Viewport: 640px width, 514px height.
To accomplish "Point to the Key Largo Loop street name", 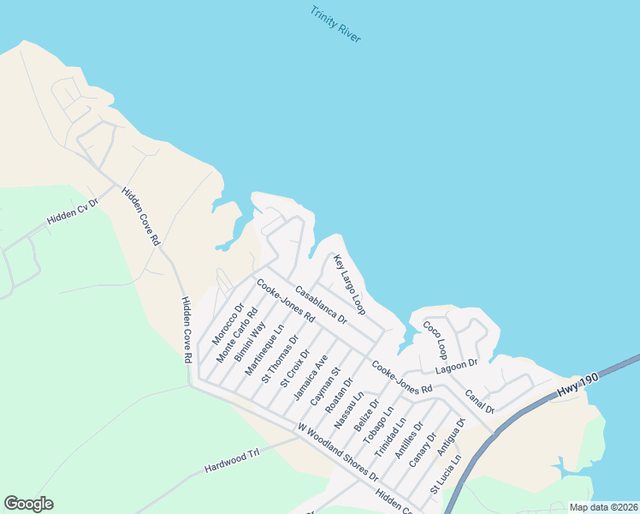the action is click(349, 283).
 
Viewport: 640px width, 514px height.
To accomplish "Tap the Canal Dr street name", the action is click(480, 400).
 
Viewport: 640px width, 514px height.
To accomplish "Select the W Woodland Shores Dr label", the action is click(337, 451).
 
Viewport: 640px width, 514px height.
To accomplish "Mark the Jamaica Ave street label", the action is click(311, 378).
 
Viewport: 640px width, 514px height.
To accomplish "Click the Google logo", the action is click(28, 504).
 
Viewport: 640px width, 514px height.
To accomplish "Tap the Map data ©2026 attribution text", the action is click(603, 507).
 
